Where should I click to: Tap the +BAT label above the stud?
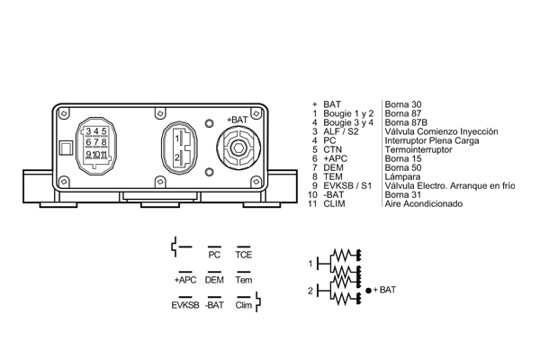tap(238, 120)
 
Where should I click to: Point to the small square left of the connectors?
tap(63, 148)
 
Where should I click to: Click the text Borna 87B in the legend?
tap(404, 122)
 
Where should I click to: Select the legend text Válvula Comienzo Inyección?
tap(441, 131)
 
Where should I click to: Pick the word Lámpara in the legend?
tap(401, 176)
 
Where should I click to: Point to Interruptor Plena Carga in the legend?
tap(432, 140)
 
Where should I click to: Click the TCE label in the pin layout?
tap(243, 255)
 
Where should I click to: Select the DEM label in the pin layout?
tap(214, 280)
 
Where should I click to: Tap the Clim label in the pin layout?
tap(243, 305)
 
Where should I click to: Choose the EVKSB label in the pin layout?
tap(184, 305)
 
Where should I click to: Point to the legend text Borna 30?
tap(401, 104)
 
